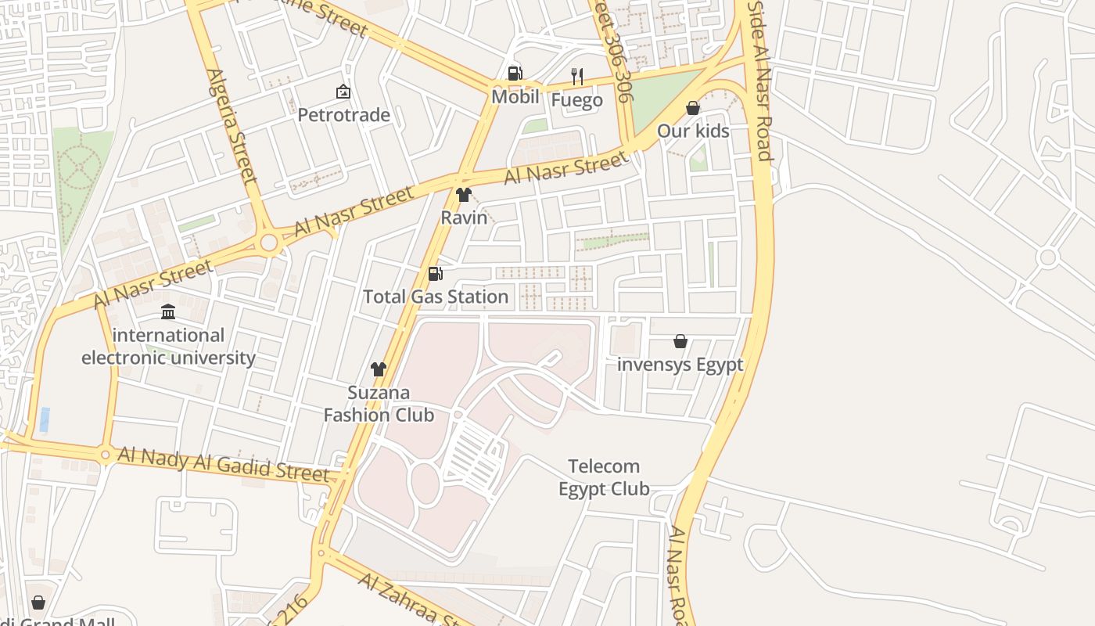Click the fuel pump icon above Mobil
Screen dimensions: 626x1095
[x=515, y=74]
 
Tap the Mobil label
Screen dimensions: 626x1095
[x=515, y=97]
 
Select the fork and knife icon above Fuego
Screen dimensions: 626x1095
[x=577, y=76]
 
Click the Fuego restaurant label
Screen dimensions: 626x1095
[x=577, y=100]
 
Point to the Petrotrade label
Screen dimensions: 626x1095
[x=343, y=115]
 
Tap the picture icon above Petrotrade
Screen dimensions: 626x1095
[x=343, y=92]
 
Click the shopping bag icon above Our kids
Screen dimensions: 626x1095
[x=693, y=108]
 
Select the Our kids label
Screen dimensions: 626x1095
[x=693, y=131]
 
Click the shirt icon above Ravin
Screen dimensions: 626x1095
[x=464, y=195]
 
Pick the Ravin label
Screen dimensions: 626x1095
[x=464, y=218]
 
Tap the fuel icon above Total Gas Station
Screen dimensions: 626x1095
[x=436, y=274]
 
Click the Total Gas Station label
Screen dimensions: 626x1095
[x=436, y=297]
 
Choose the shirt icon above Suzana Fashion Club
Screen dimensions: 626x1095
[x=379, y=369]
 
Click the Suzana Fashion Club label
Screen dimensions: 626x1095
[x=379, y=404]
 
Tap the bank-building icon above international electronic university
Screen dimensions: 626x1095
[x=168, y=313]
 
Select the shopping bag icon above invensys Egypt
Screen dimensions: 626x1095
[x=680, y=341]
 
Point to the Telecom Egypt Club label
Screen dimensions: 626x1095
[x=604, y=477]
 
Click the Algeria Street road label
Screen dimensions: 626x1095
[x=232, y=125]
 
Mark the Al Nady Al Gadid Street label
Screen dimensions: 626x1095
[x=223, y=464]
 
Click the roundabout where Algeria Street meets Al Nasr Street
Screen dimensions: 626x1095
[x=269, y=243]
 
